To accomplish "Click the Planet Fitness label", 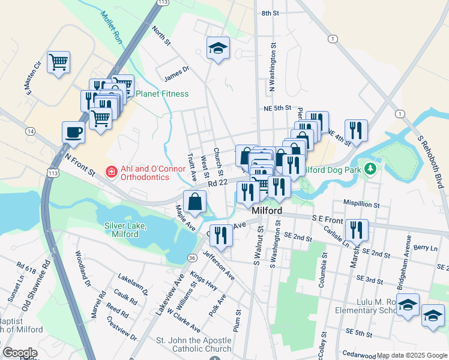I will [x=161, y=94].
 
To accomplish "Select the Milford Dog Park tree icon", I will [x=371, y=169].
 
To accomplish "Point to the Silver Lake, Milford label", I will [x=130, y=229].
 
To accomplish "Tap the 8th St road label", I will [x=271, y=13].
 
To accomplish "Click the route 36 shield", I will [x=191, y=257].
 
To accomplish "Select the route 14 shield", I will [x=31, y=130].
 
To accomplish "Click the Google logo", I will [x=20, y=353].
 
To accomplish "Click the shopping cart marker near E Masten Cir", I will [x=58, y=62].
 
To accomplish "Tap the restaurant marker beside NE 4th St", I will [x=356, y=131].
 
